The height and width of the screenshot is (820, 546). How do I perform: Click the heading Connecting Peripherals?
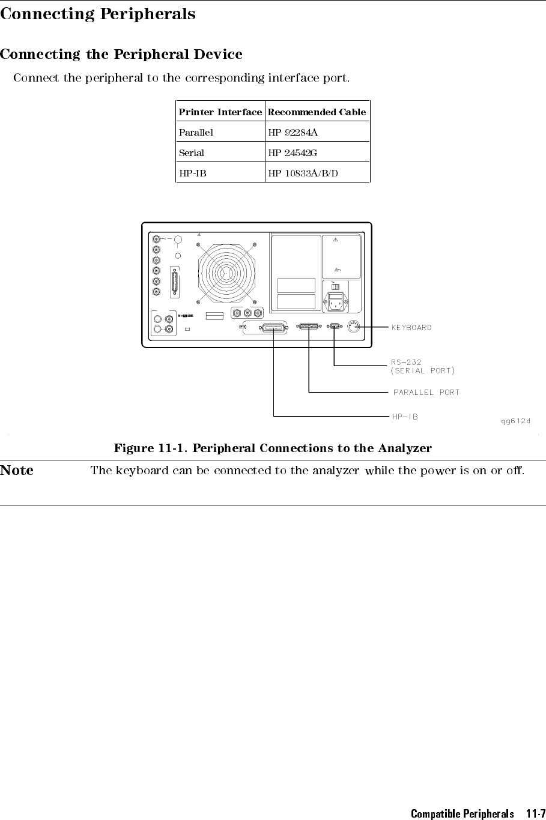point(98,14)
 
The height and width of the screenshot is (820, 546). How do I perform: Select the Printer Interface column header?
point(220,112)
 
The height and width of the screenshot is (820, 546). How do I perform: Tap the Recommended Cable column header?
point(317,112)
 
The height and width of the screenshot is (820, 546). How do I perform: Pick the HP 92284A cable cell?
point(293,132)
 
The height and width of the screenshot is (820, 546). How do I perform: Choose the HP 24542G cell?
point(293,152)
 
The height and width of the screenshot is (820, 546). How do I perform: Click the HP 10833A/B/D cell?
point(303,173)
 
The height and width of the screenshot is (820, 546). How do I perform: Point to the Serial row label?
point(192,152)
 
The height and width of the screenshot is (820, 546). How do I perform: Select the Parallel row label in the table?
point(196,132)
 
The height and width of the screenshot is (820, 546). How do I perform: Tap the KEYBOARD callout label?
point(411,327)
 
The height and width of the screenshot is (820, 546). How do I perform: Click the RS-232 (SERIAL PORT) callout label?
point(423,366)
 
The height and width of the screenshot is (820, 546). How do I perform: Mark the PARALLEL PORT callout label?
point(426,393)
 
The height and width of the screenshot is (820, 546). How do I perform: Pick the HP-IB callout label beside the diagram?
point(405,417)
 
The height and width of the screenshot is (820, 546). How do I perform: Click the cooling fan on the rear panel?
point(226,273)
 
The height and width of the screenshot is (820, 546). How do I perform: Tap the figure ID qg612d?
point(515,420)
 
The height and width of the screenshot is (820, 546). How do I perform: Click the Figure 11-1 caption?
point(273,448)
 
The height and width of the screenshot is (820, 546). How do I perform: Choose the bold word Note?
point(17,470)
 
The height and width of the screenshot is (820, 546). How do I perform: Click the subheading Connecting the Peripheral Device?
point(121,54)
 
